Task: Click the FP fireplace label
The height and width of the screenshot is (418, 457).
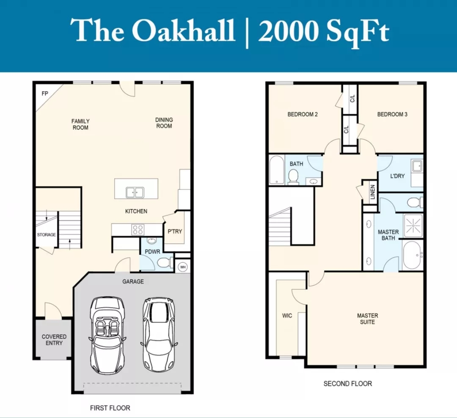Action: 44,94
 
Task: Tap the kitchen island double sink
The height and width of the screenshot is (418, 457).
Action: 135,192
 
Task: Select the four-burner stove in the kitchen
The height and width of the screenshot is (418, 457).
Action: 138,230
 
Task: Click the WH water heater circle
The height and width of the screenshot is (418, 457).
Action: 183,267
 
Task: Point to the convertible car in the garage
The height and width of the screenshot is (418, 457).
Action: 107,336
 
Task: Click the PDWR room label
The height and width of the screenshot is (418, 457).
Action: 152,252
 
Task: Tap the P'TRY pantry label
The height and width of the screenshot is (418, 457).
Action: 175,231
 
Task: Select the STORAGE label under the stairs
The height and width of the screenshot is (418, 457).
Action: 47,235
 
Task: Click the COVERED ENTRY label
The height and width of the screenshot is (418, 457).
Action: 54,340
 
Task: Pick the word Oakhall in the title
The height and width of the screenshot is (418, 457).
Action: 184,30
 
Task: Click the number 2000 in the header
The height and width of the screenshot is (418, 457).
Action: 288,31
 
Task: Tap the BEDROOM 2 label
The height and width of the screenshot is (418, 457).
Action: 303,114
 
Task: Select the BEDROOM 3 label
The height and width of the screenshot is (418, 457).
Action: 392,114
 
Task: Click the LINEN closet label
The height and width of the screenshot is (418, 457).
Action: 372,192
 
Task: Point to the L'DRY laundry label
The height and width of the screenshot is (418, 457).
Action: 397,176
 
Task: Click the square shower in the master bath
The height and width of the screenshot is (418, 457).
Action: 413,226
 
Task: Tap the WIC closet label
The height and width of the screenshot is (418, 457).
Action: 287,315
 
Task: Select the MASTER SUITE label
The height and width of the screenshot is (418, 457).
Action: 368,319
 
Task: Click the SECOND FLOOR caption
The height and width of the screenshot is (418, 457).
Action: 348,384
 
